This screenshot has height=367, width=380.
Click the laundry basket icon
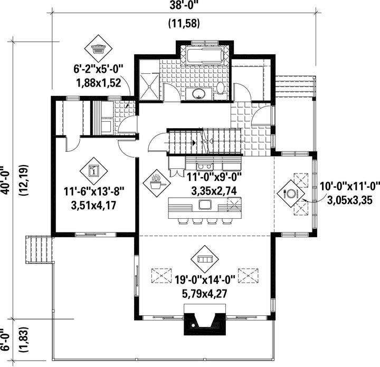pyautogui.click(x=98, y=49)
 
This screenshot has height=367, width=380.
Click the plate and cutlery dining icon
pyautogui.click(x=291, y=194)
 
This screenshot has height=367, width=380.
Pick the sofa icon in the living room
pyautogui.click(x=205, y=259)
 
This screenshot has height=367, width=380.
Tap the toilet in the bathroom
pyautogui.click(x=221, y=91)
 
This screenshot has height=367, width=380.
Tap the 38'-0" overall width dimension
pyautogui.click(x=184, y=5)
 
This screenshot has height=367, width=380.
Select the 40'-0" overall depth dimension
pyautogui.click(x=5, y=180)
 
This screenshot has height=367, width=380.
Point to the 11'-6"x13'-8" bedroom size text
pyautogui.click(x=94, y=192)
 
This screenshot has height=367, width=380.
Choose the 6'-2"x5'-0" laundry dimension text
pyautogui.click(x=99, y=70)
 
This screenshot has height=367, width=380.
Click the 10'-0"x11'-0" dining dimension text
pyautogui.click(x=350, y=187)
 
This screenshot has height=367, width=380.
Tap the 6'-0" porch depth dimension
pyautogui.click(x=5, y=340)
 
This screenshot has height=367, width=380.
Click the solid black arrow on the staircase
pyautogui.click(x=194, y=142)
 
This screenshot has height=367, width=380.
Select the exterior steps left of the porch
pyautogui.click(x=39, y=249)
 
